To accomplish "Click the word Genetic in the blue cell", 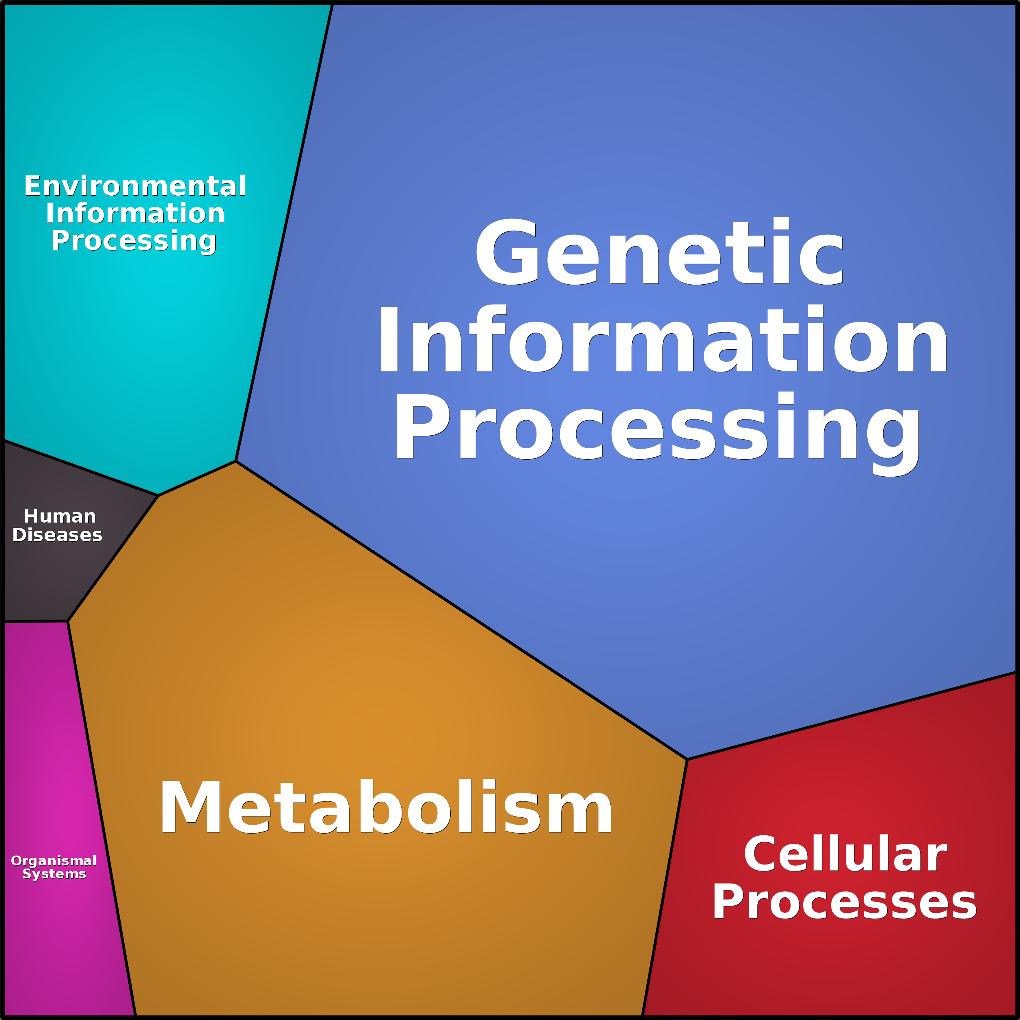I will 659,252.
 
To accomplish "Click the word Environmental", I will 135,186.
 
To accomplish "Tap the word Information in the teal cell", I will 135,213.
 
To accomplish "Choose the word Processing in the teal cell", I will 134,241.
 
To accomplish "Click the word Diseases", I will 57,535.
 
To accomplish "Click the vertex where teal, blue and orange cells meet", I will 236,461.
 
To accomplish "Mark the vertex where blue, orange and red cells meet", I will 687,760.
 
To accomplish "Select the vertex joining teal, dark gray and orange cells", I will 158,496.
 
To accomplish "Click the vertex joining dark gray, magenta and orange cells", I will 67,621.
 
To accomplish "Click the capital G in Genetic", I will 507,252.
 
